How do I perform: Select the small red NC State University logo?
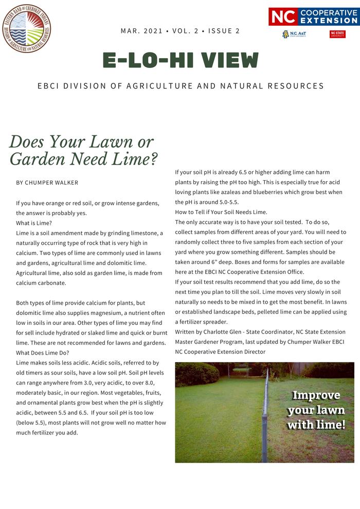[337, 34]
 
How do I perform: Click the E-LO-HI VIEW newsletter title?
[181, 60]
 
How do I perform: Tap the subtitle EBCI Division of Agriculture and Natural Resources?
[181, 86]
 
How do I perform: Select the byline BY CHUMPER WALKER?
[47, 183]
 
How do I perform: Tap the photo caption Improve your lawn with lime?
[316, 410]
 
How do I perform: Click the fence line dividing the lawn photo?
[266, 412]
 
